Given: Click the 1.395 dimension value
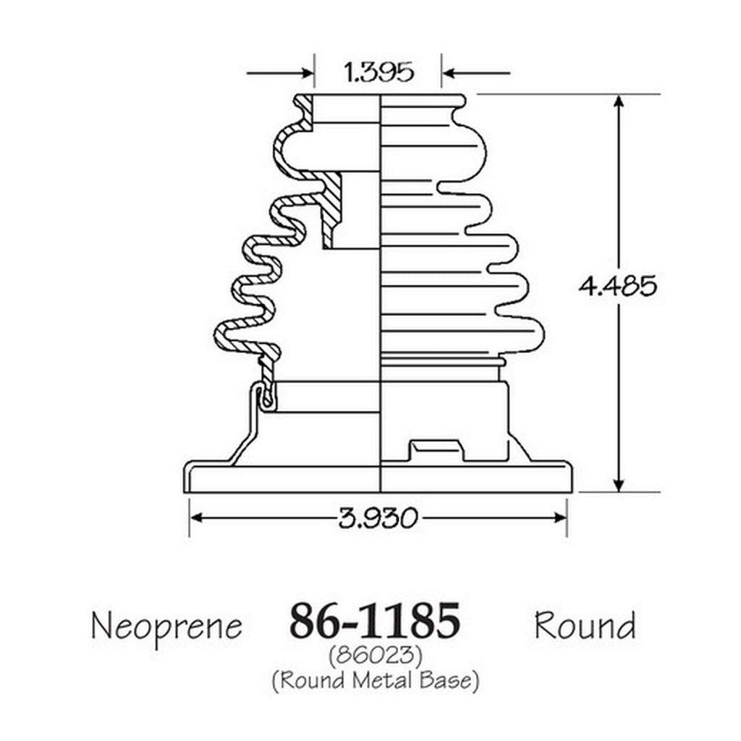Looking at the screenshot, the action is (x=378, y=73).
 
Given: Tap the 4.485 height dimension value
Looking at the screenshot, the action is (x=618, y=285).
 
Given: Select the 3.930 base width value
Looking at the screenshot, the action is (x=378, y=518).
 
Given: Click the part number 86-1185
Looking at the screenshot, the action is (x=374, y=619).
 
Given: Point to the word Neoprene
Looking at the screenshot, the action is (x=167, y=627).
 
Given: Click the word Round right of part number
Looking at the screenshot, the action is (x=585, y=624).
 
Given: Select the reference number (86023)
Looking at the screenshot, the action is (x=375, y=656).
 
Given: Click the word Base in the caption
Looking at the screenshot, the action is (x=446, y=680).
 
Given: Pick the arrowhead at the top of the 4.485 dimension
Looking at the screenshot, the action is (x=619, y=101).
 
